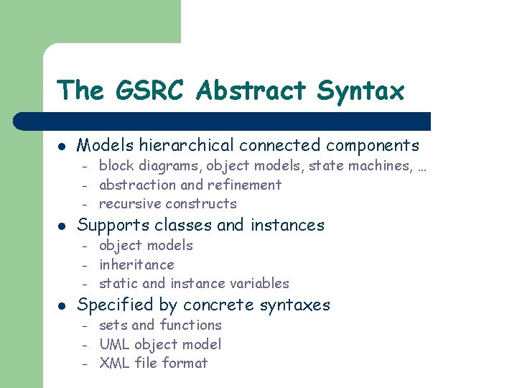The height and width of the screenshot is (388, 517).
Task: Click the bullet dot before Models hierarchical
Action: pos(62,146)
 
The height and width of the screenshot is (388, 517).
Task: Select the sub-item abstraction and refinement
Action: pos(190,185)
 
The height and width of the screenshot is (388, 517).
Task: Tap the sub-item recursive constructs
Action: pos(167,203)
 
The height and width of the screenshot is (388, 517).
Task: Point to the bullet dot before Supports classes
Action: pos(62,226)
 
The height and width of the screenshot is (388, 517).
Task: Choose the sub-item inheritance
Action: pos(136,264)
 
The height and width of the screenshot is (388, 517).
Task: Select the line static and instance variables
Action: pos(194,283)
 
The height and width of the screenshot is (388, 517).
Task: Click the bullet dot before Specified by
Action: pos(62,305)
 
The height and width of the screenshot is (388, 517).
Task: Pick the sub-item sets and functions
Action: pos(160,325)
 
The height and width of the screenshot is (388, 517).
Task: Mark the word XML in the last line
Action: pos(113,363)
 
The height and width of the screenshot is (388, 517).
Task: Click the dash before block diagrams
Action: pos(83,167)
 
